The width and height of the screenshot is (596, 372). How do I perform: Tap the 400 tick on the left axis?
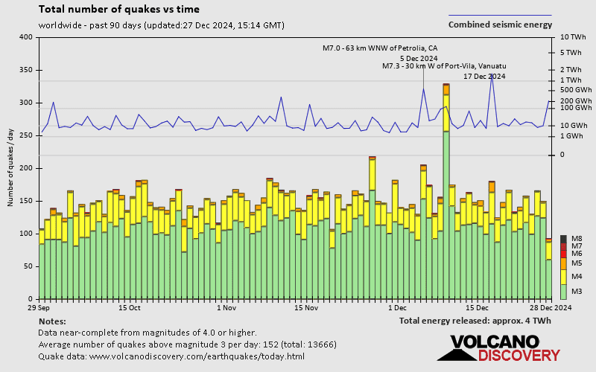pyautogui.click(x=26, y=37)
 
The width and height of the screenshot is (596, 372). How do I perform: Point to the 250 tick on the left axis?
pyautogui.click(x=26, y=135)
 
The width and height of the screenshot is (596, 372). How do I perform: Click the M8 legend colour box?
pyautogui.click(x=563, y=238)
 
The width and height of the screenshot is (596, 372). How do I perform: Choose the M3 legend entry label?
pyautogui.click(x=577, y=291)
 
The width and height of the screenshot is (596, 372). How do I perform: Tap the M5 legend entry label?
pyautogui.click(x=577, y=263)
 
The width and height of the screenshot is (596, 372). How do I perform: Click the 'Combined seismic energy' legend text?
pyautogui.click(x=500, y=25)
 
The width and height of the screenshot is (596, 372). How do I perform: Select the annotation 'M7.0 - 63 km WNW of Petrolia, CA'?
pyautogui.click(x=380, y=48)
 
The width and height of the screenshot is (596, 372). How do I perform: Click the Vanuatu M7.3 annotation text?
pyautogui.click(x=444, y=66)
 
